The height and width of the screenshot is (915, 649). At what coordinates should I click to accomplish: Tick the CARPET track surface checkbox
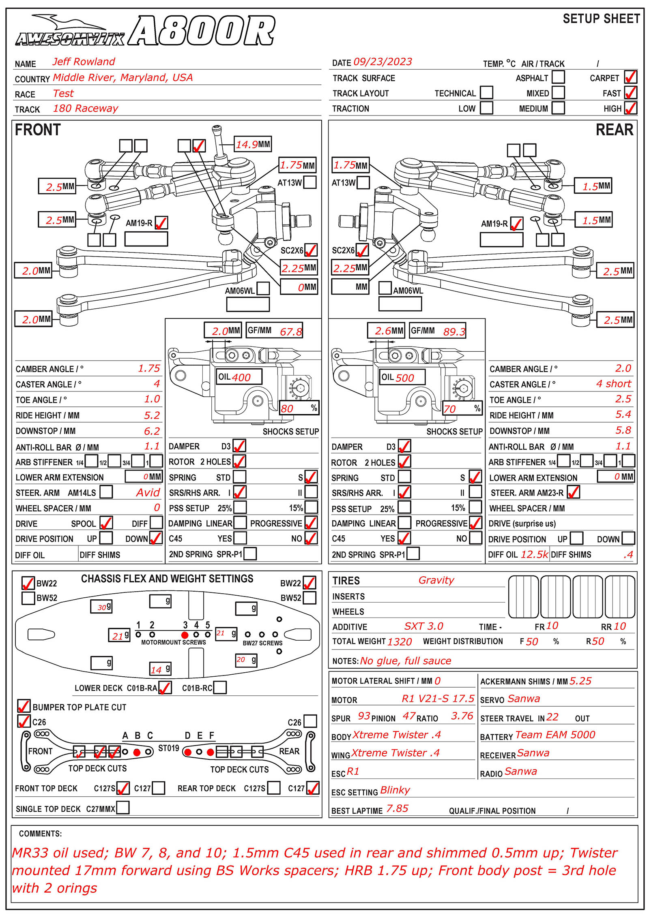630,77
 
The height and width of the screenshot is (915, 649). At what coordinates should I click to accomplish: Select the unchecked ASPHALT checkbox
558,77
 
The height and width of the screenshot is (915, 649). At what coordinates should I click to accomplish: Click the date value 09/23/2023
383,62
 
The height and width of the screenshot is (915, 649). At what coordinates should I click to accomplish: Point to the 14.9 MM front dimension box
253,144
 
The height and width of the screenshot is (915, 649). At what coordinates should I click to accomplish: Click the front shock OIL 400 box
239,377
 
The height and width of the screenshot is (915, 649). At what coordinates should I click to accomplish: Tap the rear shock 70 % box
461,408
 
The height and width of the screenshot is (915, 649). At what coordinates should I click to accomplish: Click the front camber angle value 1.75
149,368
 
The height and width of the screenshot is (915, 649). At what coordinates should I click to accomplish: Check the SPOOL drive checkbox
106,523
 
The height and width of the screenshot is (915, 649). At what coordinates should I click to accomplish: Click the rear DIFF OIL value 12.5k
534,554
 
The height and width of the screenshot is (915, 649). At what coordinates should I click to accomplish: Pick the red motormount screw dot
185,635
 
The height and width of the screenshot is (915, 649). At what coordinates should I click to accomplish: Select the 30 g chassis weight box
101,607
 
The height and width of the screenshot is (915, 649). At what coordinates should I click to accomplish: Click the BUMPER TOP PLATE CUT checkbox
24,706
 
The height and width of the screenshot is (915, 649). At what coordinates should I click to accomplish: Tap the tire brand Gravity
436,580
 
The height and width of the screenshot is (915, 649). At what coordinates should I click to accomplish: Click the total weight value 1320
399,641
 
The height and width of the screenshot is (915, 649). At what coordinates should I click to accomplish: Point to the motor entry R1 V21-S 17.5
437,699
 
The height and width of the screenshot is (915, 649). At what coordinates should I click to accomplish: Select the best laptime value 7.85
397,809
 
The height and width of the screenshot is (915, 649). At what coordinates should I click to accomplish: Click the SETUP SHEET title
601,19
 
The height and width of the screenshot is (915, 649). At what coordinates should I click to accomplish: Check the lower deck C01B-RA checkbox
165,688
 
